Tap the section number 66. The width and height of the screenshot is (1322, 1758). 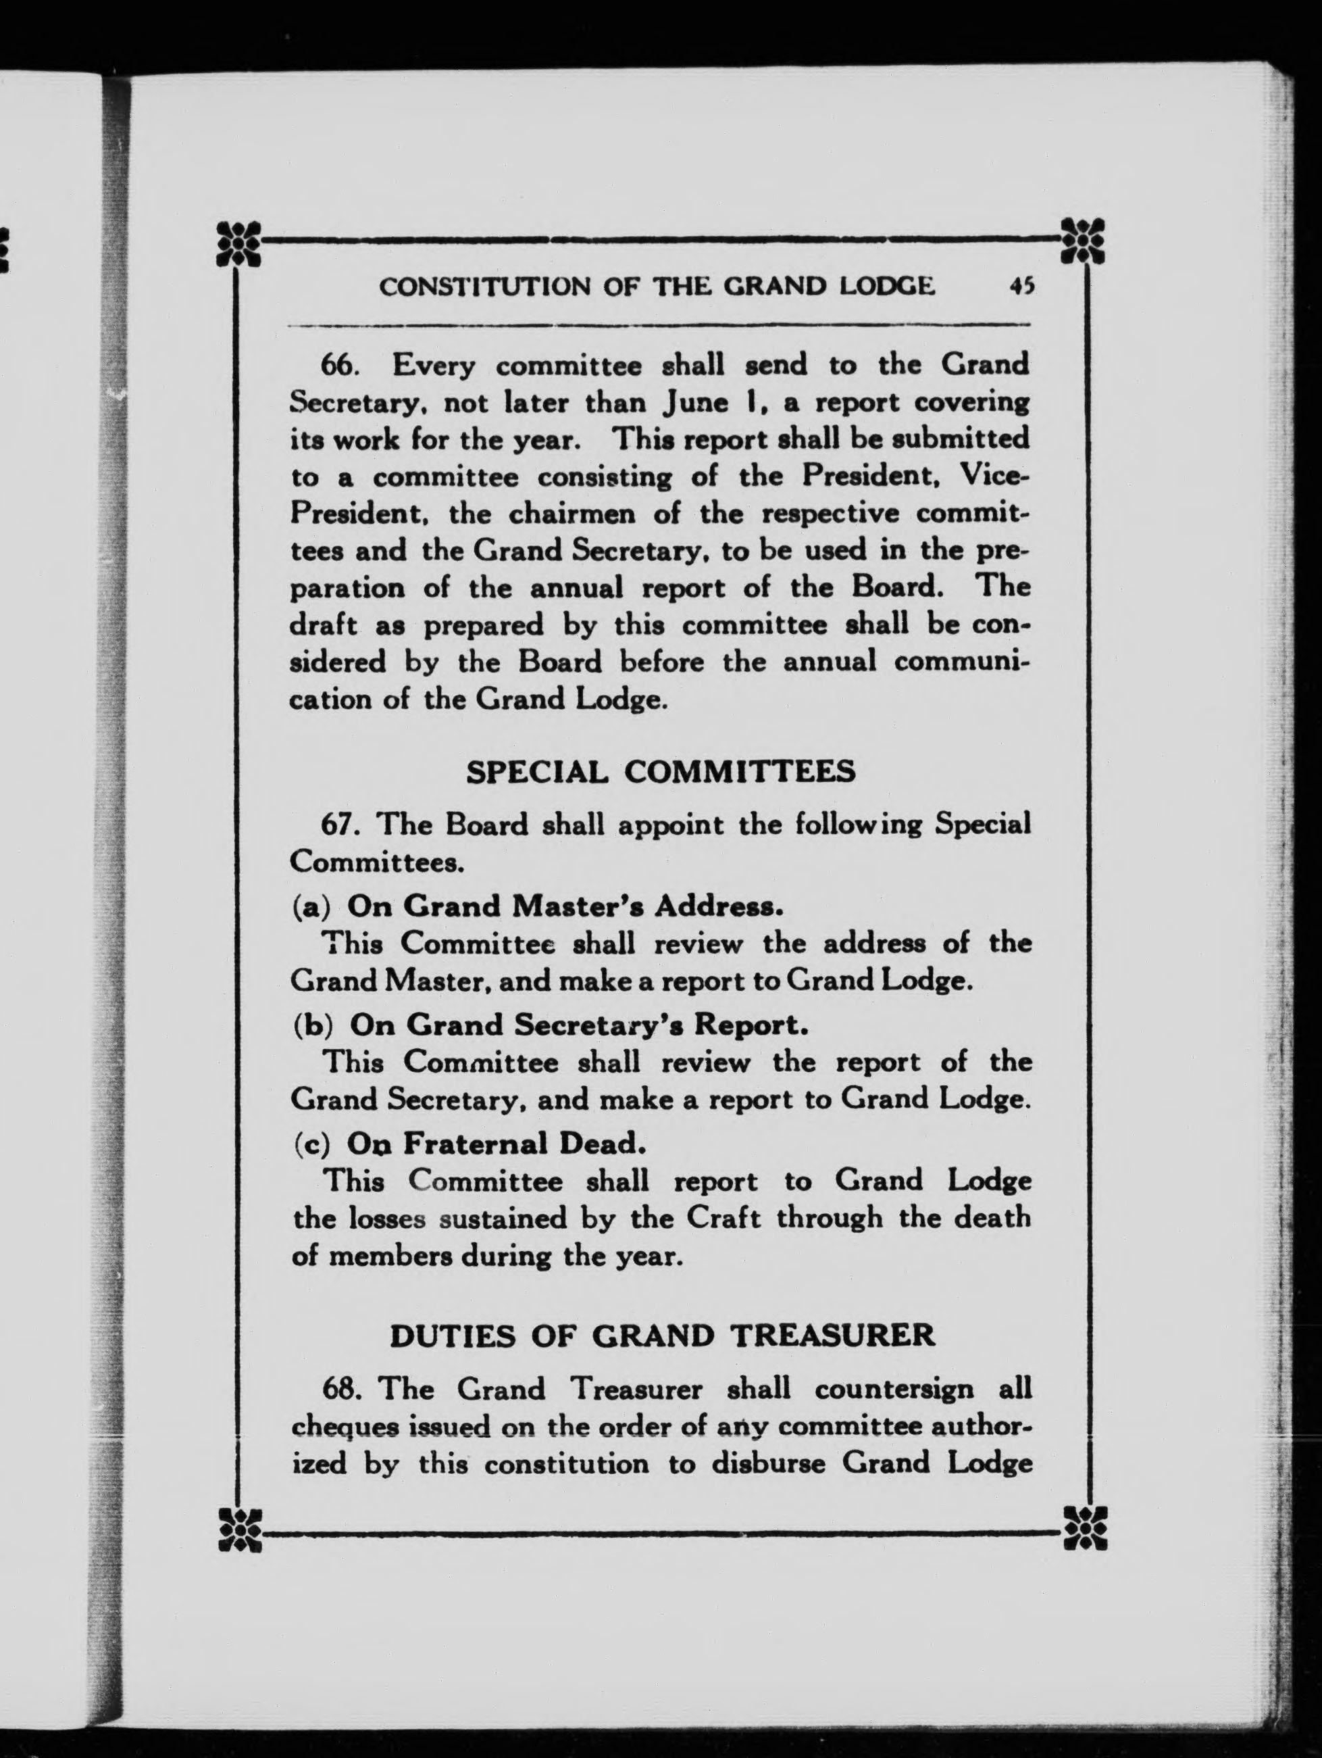(x=340, y=366)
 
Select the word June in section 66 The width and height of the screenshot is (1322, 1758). (x=696, y=403)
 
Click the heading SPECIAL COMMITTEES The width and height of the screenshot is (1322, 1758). (x=660, y=772)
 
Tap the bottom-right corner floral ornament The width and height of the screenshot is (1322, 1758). (x=1084, y=1527)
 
